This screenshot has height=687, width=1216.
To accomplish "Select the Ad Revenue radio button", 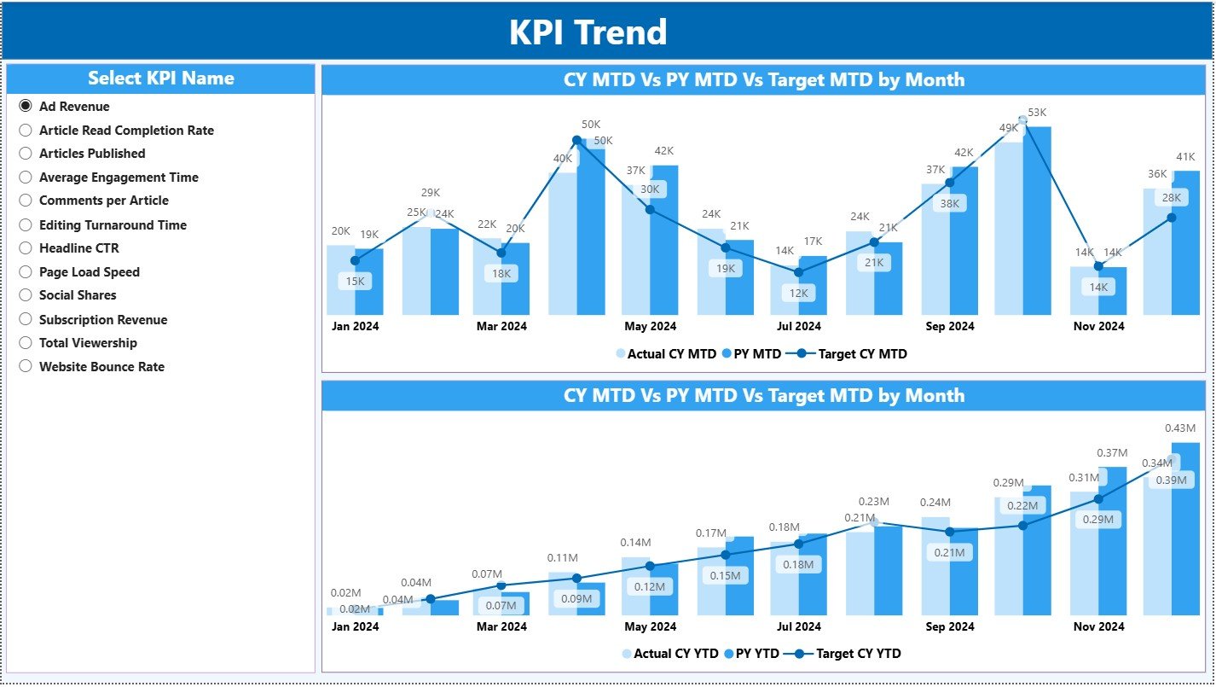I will coord(26,107).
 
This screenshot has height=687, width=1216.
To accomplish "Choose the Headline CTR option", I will coord(26,248).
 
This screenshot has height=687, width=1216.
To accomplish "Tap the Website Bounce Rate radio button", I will coord(26,367).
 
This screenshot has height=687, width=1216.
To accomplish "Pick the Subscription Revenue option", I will coord(26,320).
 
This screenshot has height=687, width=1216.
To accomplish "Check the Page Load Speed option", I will coord(26,272).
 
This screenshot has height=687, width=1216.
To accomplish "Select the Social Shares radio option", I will coord(26,295).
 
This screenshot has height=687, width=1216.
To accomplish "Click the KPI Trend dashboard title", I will coord(588,32).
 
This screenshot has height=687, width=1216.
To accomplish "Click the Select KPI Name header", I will coord(160,79).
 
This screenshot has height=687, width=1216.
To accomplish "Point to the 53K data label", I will coord(1037,113).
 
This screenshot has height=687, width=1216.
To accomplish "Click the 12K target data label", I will coord(800,293).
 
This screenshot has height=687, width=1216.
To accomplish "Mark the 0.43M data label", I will coord(1180,428).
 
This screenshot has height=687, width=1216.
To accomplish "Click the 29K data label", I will coord(430,193).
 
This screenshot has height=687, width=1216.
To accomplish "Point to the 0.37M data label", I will coord(1111,453).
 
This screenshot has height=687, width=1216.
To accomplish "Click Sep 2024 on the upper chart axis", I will coord(949,326).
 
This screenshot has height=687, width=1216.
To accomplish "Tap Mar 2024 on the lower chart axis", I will coord(501,626).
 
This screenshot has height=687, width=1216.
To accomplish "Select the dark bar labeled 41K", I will coord(1185,243).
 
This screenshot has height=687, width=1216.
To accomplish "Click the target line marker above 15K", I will coord(355,260).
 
